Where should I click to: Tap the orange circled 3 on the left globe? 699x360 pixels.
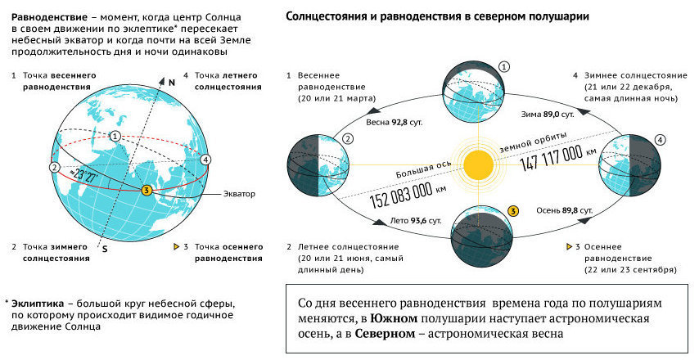[x=146, y=191]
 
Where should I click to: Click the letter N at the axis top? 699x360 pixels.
[x=172, y=83]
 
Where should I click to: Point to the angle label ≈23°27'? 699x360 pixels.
[x=83, y=174]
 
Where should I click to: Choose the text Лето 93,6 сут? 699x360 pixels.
[x=416, y=220]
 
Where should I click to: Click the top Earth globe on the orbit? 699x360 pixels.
[x=476, y=92]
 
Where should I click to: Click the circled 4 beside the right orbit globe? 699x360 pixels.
[x=660, y=139]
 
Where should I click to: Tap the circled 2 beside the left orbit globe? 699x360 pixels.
[x=348, y=139]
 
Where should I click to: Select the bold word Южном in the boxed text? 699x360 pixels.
[x=393, y=318]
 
